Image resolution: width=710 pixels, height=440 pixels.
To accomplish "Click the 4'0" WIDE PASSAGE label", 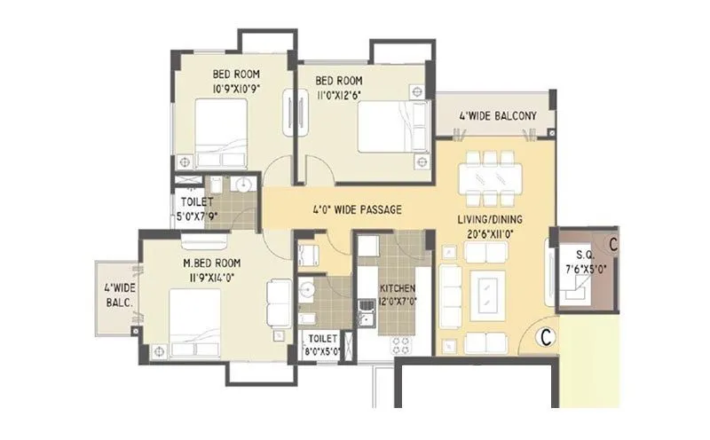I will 358,211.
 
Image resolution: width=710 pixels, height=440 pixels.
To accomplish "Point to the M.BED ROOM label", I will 212,263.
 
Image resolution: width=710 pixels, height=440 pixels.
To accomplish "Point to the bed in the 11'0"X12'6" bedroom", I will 383,126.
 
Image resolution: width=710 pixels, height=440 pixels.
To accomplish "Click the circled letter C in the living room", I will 547,336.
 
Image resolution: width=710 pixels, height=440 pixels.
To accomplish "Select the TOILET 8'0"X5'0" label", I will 319,344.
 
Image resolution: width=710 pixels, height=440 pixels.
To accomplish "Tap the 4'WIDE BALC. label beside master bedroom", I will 118,295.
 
